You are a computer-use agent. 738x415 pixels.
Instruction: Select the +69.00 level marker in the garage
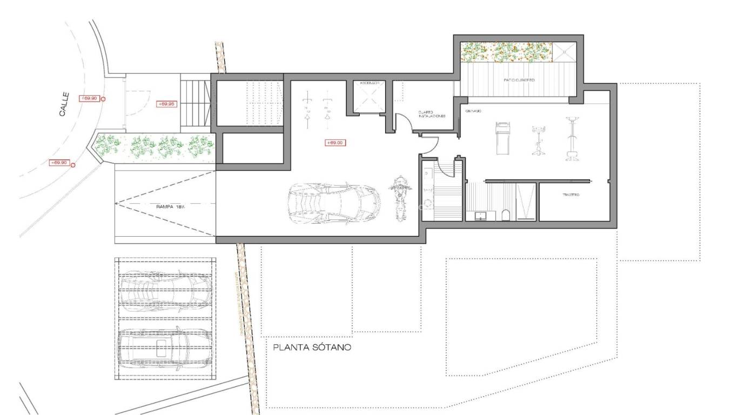[335, 143]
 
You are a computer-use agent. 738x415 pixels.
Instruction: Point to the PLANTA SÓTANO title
[312, 347]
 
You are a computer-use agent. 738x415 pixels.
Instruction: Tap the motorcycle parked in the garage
[400, 197]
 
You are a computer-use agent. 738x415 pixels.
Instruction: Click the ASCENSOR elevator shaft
[370, 97]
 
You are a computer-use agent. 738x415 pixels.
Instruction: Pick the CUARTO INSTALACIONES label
[431, 115]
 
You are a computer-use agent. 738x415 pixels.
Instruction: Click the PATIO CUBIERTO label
[519, 80]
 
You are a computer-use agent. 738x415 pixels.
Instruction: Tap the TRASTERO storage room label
[571, 195]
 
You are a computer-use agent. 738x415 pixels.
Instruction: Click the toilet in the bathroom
[505, 216]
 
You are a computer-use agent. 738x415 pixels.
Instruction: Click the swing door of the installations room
[402, 122]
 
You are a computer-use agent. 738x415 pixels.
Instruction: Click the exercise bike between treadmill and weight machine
[538, 140]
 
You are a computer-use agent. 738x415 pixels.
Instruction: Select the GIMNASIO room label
[474, 111]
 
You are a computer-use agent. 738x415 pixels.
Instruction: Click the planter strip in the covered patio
[506, 52]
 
